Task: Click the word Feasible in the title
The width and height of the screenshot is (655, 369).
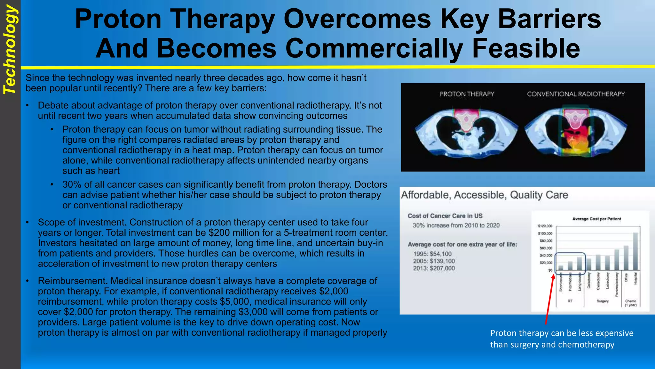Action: (526, 48)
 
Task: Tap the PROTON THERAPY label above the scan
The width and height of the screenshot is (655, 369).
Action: (467, 94)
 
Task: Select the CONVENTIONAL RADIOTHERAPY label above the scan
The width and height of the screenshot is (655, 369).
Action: (576, 94)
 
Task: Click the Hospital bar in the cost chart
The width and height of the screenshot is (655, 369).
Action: (635, 251)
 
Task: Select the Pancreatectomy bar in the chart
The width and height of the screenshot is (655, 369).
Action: (617, 260)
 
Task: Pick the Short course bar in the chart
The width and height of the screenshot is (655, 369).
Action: (561, 268)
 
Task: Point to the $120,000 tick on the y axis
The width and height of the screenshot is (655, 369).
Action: (545, 226)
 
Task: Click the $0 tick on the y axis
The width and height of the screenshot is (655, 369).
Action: (550, 270)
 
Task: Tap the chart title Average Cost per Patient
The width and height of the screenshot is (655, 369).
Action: (596, 219)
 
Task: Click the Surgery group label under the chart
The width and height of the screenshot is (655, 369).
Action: (603, 301)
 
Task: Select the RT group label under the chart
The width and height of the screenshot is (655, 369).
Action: (570, 301)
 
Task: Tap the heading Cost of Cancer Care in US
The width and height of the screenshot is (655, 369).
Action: (445, 216)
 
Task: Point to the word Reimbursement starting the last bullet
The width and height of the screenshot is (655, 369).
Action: (73, 281)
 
